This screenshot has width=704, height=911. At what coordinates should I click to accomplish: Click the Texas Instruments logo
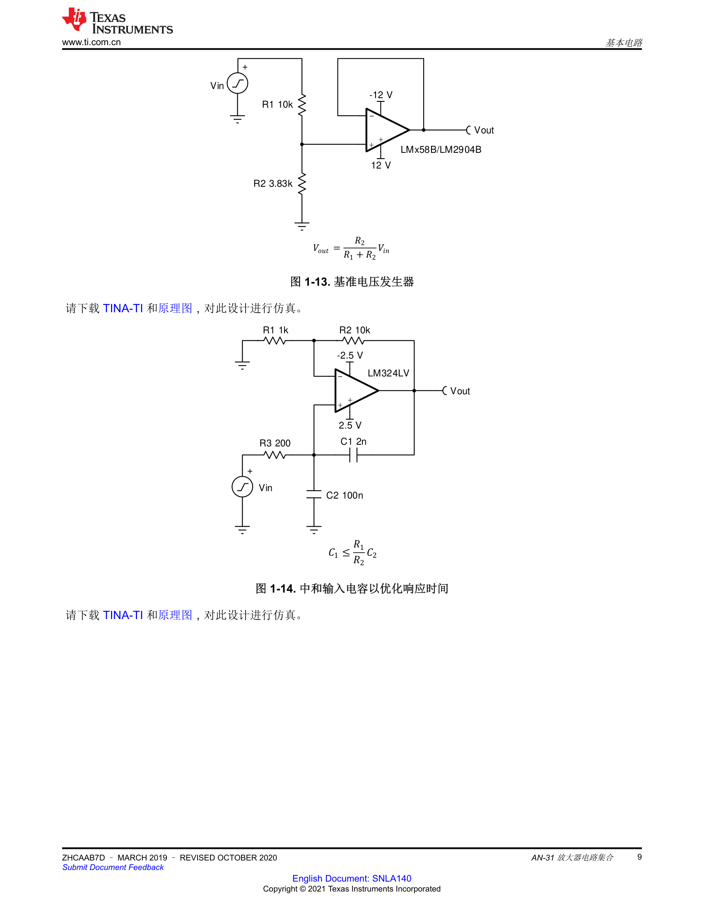[x=117, y=20]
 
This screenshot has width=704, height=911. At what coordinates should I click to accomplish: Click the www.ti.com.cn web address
[x=92, y=42]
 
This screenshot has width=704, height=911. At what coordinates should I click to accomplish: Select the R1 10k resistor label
[x=277, y=104]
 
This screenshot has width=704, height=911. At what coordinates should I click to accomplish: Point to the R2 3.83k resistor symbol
[x=302, y=183]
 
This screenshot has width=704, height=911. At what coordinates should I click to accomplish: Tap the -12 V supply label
[x=381, y=95]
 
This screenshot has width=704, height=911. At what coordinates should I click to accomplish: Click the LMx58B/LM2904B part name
[x=441, y=149]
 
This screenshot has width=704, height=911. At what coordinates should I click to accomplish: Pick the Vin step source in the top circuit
[x=237, y=83]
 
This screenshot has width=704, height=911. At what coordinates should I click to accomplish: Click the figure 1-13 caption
[x=352, y=282]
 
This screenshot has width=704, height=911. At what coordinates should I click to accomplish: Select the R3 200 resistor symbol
[x=275, y=455]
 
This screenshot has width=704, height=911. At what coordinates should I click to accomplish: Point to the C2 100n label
[x=345, y=495]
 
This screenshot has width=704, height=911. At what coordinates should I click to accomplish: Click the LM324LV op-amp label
[x=388, y=373]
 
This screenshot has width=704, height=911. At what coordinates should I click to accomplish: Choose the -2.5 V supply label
[x=350, y=355]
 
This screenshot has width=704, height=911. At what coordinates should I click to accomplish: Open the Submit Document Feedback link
[x=113, y=867]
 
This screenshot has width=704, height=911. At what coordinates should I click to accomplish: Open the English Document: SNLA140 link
[x=352, y=878]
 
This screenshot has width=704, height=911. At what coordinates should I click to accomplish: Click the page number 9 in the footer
[x=639, y=857]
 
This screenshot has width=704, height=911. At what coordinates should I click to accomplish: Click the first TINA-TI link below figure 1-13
[x=123, y=308]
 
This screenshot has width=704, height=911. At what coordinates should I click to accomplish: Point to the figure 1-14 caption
[x=352, y=588]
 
